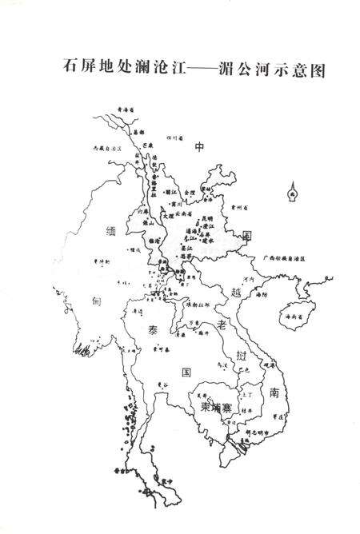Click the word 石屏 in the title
click(x=75, y=68)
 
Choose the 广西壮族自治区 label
click(x=286, y=259)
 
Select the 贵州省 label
click(x=240, y=207)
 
